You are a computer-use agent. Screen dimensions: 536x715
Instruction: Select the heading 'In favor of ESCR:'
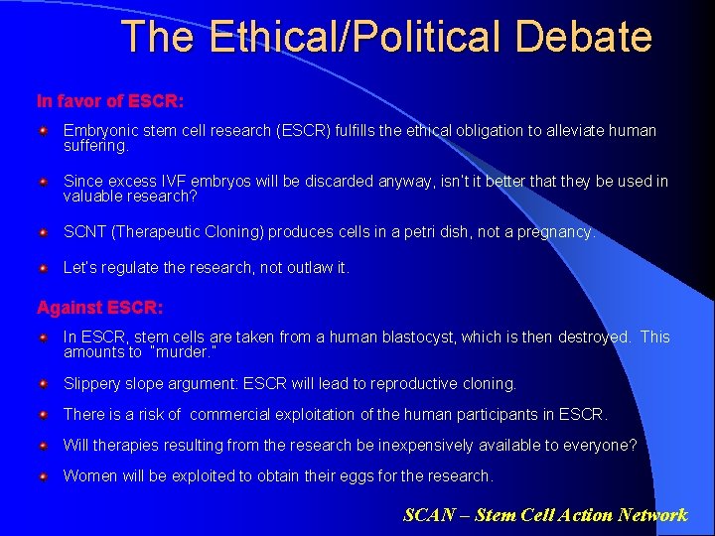pyautogui.click(x=109, y=101)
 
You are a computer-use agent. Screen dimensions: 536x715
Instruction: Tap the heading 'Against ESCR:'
pyautogui.click(x=100, y=308)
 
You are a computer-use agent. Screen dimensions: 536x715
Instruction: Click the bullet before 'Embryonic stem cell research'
pyautogui.click(x=44, y=131)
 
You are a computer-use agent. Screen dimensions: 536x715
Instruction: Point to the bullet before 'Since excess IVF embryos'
pyautogui.click(x=44, y=182)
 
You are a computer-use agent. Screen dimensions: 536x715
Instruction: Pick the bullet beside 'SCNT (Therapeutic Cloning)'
pyautogui.click(x=44, y=232)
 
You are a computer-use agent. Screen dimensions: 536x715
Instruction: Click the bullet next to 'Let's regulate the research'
pyautogui.click(x=44, y=268)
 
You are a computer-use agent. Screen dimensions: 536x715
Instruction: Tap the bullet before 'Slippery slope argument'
pyautogui.click(x=44, y=383)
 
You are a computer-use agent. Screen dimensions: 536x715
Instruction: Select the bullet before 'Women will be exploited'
pyautogui.click(x=44, y=476)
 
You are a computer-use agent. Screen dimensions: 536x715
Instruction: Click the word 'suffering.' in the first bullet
pyautogui.click(x=96, y=146)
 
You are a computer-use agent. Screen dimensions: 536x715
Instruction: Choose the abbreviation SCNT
pyautogui.click(x=84, y=232)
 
